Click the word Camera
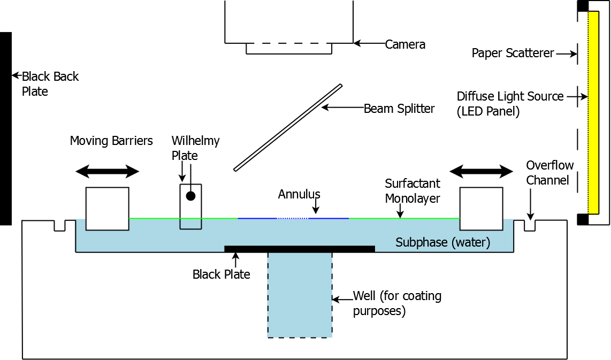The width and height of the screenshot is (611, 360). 405,44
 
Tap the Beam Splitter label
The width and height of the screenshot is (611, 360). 399,109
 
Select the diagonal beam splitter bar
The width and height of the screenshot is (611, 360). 288,128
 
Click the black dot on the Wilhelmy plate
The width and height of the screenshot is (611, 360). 190,196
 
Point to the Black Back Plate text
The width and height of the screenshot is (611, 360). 50,84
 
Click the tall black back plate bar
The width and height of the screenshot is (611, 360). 5,128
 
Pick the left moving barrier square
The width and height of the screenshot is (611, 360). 107,209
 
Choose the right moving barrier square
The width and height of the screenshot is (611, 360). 481,209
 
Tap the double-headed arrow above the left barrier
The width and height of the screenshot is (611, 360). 107,172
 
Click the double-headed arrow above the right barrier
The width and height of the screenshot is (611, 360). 481,172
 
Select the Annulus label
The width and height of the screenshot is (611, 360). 299,194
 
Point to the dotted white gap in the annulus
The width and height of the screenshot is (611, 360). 292,218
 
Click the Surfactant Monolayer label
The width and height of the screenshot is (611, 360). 413,191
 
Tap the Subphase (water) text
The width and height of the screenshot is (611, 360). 443,242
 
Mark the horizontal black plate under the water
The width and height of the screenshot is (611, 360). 299,249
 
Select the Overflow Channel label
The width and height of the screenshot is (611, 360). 549,173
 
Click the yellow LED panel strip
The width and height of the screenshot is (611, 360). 593,112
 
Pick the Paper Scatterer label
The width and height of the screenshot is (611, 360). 513,53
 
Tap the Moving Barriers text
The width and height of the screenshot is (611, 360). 111,141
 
